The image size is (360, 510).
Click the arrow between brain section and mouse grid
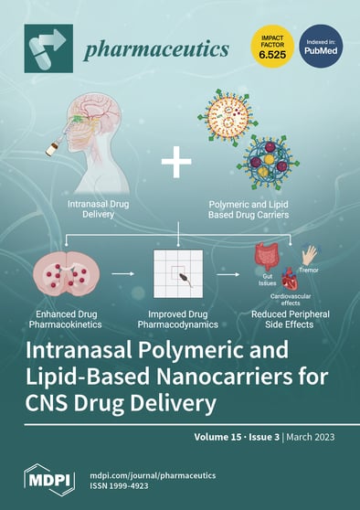click(x=118, y=271)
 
